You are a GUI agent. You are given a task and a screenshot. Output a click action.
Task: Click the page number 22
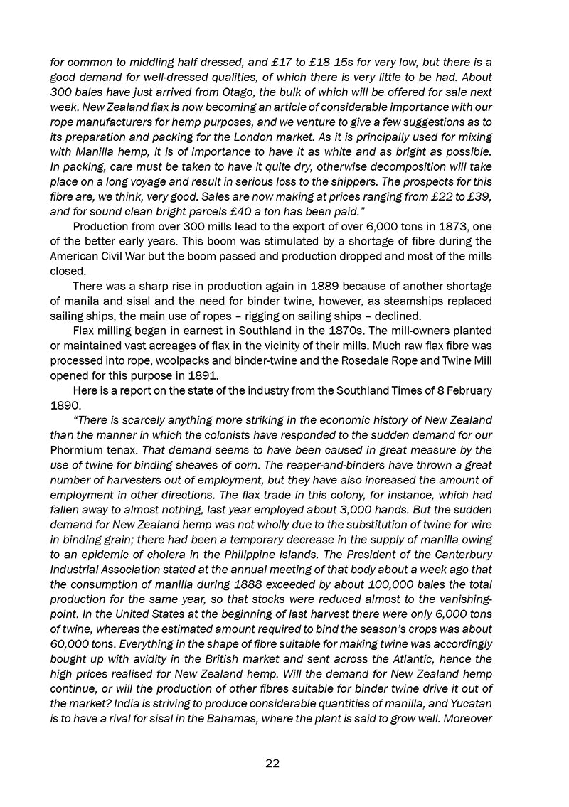pyautogui.click(x=272, y=764)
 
